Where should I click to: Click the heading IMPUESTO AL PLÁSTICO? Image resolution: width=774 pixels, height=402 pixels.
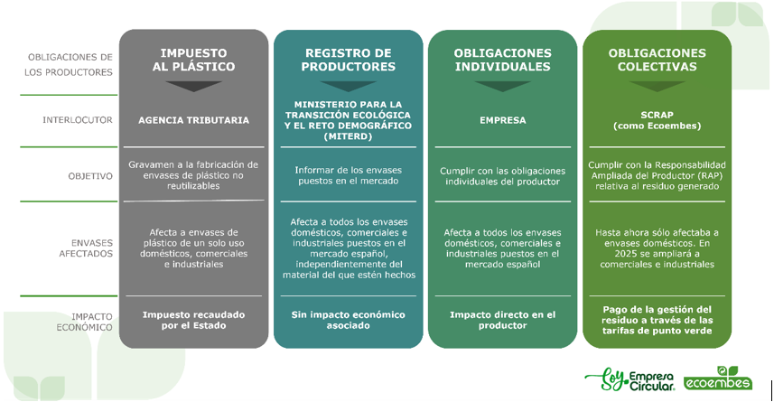[193, 60]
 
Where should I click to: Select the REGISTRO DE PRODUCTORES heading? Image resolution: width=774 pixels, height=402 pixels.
[349, 60]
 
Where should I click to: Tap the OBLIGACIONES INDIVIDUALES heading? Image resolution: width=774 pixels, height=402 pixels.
[502, 60]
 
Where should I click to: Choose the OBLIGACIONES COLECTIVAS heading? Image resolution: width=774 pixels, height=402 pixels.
[657, 60]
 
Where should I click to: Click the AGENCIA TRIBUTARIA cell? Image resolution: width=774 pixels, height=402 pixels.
[193, 120]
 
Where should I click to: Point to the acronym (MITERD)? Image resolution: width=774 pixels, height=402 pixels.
[348, 136]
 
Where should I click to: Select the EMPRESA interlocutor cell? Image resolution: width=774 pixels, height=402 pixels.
[502, 120]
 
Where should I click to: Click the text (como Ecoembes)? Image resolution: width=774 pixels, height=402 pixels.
[657, 126]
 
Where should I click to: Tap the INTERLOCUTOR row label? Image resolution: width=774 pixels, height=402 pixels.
[78, 120]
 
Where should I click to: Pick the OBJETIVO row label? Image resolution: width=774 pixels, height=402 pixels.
[90, 176]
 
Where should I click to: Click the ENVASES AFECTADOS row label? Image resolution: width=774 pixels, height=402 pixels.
[86, 248]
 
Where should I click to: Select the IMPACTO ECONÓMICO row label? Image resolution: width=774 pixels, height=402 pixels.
[84, 322]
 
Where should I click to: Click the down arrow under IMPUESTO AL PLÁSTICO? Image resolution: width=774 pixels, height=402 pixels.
[193, 87]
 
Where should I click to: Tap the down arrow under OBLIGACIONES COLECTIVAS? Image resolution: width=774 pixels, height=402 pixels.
[657, 87]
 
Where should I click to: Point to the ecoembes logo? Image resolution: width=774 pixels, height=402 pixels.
[718, 379]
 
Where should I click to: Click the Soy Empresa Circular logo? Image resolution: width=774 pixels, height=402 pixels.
[629, 379]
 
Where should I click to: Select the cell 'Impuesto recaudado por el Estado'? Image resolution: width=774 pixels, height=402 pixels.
[193, 320]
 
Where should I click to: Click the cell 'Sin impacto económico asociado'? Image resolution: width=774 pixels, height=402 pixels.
[348, 320]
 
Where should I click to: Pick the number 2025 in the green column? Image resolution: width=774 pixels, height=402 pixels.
[626, 254]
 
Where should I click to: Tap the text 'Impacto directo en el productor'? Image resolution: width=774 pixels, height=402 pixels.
[502, 320]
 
